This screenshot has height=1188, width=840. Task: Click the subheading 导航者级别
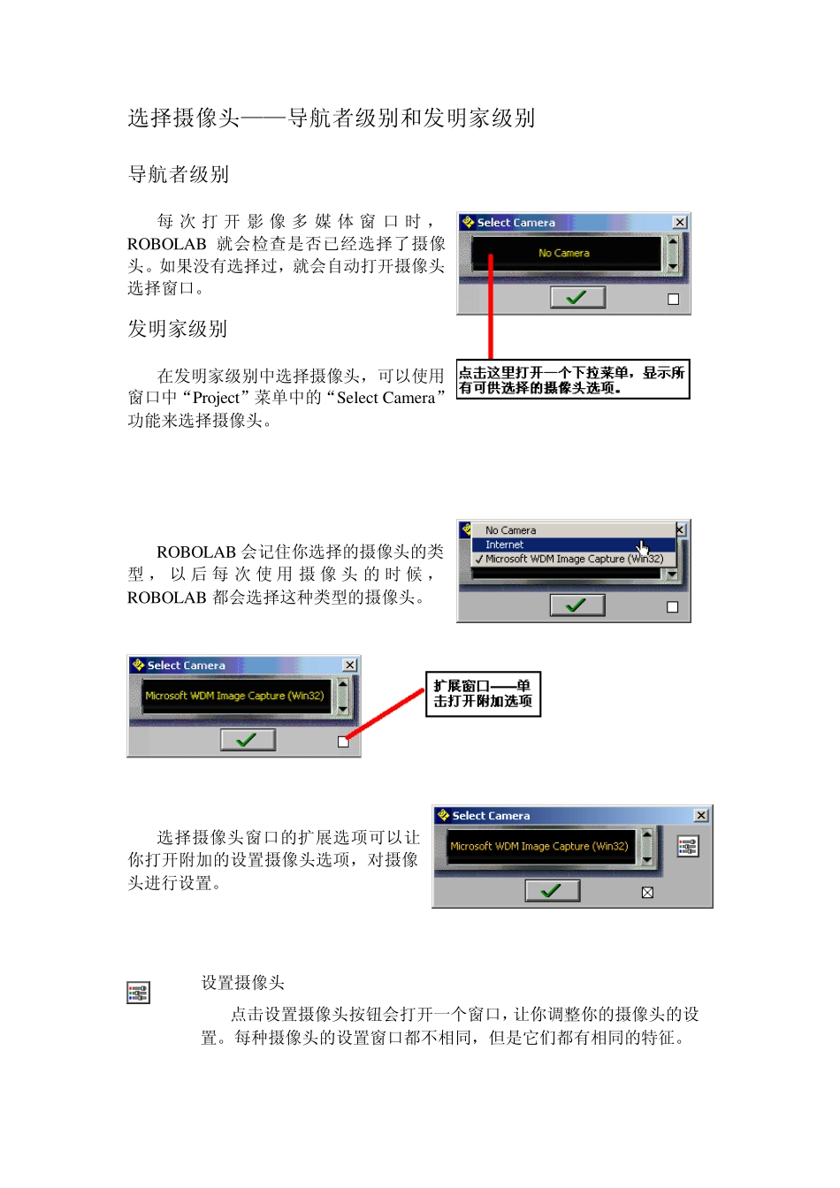[x=179, y=175]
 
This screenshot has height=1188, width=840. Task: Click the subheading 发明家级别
[x=178, y=330]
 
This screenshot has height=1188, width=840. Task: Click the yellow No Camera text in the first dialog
[x=564, y=254]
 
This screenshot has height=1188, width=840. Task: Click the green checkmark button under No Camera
[x=577, y=298]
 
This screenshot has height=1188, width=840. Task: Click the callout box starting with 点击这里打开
[x=572, y=380]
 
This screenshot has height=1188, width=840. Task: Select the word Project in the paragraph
[x=216, y=399]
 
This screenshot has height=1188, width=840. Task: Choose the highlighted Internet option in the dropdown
[x=504, y=545]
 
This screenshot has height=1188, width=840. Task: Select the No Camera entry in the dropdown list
[x=510, y=531]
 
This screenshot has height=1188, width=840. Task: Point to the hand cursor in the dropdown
[x=643, y=548]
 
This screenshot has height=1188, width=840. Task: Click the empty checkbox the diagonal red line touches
[x=343, y=742]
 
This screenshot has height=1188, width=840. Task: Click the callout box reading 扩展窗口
[x=483, y=694]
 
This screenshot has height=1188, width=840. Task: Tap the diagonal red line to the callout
[x=386, y=715]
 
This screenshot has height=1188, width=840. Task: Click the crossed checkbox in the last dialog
[x=647, y=893]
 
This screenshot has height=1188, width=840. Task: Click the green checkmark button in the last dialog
[x=553, y=891]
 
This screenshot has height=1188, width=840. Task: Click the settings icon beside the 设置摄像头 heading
[x=138, y=994]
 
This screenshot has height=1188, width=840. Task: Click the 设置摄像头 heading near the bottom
[x=243, y=983]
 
